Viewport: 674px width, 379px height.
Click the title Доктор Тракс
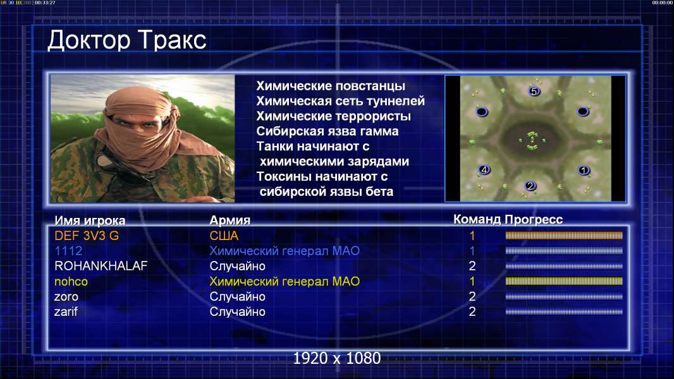pos(127,41)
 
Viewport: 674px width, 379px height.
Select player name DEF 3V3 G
pos(87,236)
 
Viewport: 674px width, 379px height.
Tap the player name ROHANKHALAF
pos(101,266)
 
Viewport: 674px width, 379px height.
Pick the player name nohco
pos(71,282)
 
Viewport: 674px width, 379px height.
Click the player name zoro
pos(66,297)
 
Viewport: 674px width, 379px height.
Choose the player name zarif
pos(66,311)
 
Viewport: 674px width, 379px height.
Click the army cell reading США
pos(224,236)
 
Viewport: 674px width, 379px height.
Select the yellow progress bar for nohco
pos(564,281)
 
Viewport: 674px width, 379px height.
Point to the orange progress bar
pos(564,235)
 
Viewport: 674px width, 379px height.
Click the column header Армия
pos(230,220)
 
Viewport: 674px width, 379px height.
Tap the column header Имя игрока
pos(90,220)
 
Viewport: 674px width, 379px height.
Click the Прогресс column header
pos(534,219)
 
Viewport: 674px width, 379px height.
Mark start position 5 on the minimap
pos(534,91)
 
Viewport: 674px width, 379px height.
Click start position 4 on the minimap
pos(484,169)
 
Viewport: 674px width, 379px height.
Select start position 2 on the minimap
pos(530,186)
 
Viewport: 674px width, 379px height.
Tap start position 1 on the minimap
pos(584,171)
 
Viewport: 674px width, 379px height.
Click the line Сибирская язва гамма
pos(328,131)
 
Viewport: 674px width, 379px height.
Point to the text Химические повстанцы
pos(331,86)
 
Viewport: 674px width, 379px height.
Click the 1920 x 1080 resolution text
pos(337,358)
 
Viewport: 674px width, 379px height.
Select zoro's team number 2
pos(472,297)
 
